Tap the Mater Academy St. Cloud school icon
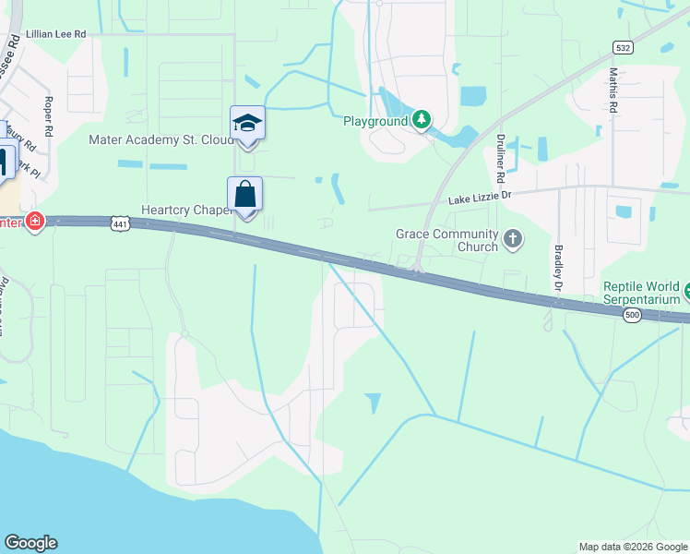pos(247,124)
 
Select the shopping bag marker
pos(245,195)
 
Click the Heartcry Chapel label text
pos(184,211)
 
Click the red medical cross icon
pos(35,222)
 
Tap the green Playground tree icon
pos(422,119)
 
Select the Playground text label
pos(375,121)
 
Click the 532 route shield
pos(623,46)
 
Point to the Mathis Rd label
pos(613,90)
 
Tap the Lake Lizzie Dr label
pos(480,199)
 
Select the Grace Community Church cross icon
pos(514,241)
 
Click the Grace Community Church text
pos(446,241)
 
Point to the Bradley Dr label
pos(558,268)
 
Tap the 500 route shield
pos(632,316)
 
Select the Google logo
pos(30,543)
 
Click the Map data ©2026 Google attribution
pos(632,547)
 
